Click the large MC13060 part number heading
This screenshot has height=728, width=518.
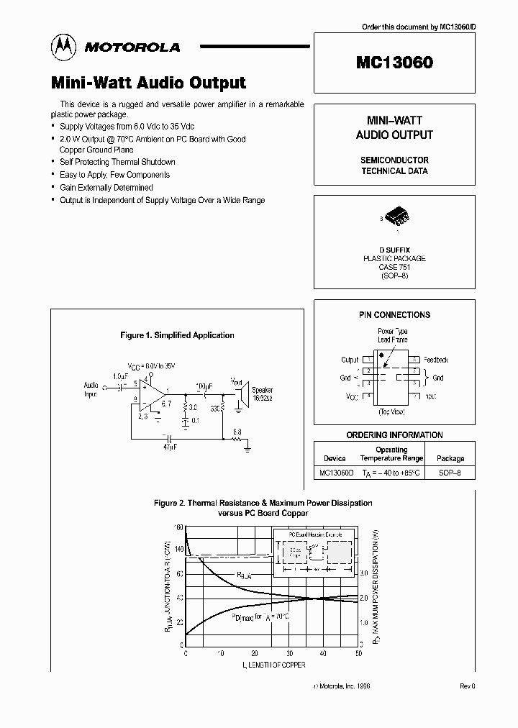(x=394, y=63)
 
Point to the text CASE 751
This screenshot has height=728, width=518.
(x=394, y=267)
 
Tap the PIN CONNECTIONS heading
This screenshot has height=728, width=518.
(x=394, y=315)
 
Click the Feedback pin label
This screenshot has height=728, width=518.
(x=436, y=360)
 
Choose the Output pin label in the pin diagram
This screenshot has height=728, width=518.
(x=350, y=360)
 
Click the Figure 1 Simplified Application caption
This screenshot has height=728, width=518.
(x=177, y=335)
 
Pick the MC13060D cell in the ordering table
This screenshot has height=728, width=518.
(x=335, y=473)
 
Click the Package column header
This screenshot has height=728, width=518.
(x=450, y=458)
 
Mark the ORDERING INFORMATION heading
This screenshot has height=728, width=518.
(x=394, y=435)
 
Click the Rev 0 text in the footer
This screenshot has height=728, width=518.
(x=468, y=686)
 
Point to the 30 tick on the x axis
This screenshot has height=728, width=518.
(x=288, y=654)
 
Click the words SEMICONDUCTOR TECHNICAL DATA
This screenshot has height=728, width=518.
(x=394, y=165)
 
